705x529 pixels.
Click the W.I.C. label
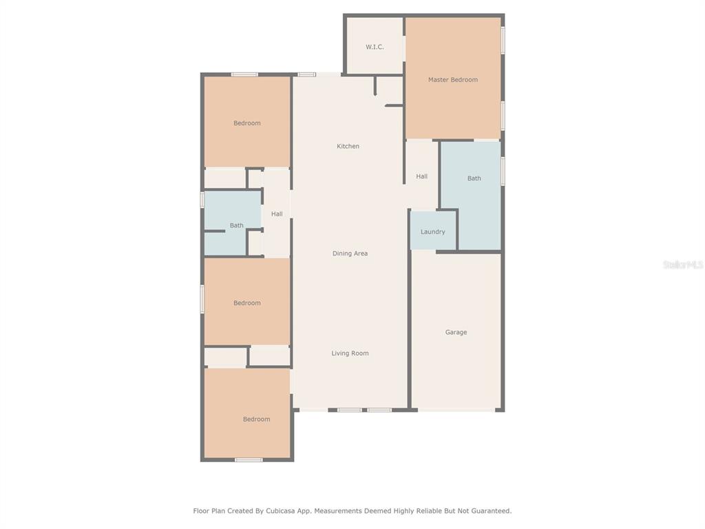[x=375, y=47]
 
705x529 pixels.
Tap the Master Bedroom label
[x=453, y=80]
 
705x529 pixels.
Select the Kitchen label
[x=348, y=146]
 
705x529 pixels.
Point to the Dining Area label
[x=350, y=253]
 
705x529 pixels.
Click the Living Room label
[x=350, y=353]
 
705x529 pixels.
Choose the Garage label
[x=456, y=333]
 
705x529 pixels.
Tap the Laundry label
[x=432, y=231]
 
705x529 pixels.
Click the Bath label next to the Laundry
[x=474, y=178]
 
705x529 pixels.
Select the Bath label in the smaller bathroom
[x=237, y=225]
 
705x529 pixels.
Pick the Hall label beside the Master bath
[x=422, y=176]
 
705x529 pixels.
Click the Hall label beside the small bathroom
[x=277, y=214]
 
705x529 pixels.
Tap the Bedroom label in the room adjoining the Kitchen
[x=247, y=123]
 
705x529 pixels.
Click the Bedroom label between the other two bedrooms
[x=247, y=303]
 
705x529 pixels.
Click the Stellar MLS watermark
[x=683, y=264]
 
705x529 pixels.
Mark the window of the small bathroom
[x=202, y=200]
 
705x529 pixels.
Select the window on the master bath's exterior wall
[x=503, y=171]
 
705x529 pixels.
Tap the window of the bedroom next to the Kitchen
[x=244, y=74]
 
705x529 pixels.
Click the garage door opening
[x=456, y=410]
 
